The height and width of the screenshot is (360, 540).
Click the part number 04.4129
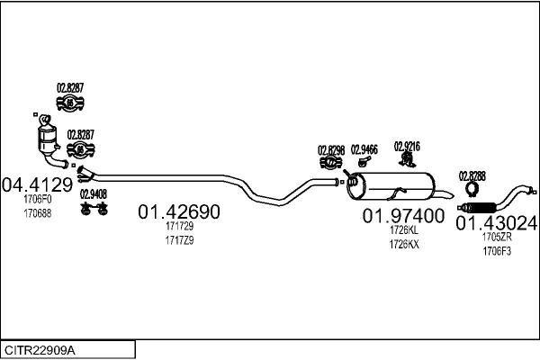[x=37, y=184]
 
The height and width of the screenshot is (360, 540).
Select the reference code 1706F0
[x=38, y=200]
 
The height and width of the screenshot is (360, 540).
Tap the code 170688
[x=38, y=213]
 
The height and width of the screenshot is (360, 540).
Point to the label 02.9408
[x=93, y=193]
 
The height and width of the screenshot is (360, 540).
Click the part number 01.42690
[x=178, y=212]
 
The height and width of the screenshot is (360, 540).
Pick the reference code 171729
[x=179, y=229]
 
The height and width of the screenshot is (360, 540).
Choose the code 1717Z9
[x=179, y=241]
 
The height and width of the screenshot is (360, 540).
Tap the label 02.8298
[x=331, y=150]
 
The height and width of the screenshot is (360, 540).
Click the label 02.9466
[x=364, y=149]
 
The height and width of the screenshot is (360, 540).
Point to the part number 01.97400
[x=403, y=216]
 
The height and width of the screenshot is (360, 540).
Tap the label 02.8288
[x=472, y=175]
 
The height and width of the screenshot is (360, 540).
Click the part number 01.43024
[x=496, y=222]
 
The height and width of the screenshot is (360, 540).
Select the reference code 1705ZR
[x=496, y=238]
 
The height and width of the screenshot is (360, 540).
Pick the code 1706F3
[x=496, y=251]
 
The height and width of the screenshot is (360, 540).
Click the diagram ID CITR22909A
[x=40, y=348]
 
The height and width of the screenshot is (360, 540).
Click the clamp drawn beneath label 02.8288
[x=470, y=190]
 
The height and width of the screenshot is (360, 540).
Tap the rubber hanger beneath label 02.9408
[x=93, y=209]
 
